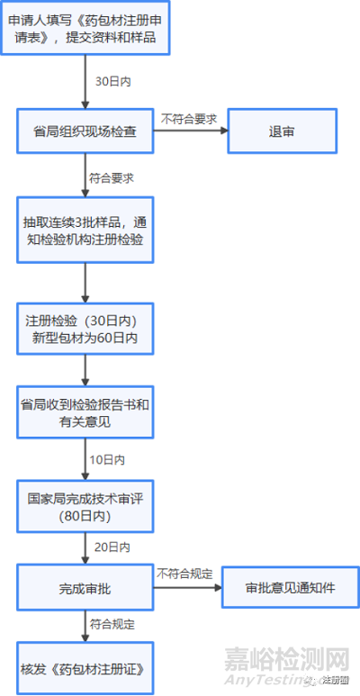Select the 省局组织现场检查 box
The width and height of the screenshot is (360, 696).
tap(86, 131)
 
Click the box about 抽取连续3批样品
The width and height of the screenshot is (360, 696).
tap(86, 230)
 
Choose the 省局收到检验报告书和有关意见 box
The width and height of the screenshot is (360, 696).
tap(86, 412)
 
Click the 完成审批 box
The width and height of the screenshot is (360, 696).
tap(85, 587)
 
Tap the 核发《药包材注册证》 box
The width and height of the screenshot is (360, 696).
tap(85, 667)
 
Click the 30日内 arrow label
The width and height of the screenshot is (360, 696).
tap(113, 81)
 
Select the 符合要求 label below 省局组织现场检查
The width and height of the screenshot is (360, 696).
tap(112, 178)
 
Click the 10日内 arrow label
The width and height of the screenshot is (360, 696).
tap(107, 459)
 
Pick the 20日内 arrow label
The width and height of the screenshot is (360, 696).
tap(112, 547)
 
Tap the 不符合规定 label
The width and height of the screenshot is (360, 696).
tap(184, 573)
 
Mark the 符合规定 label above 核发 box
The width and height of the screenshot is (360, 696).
tap(112, 623)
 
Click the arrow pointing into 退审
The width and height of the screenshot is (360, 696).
tap(190, 131)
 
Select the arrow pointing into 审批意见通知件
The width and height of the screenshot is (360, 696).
tap(186, 587)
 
